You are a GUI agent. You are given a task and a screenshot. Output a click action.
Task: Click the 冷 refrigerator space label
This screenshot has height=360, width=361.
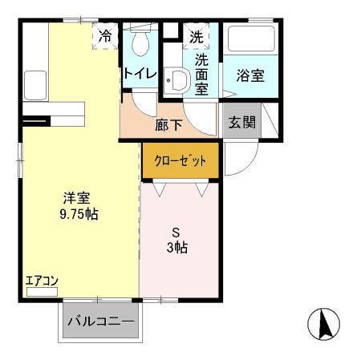(x=106, y=35)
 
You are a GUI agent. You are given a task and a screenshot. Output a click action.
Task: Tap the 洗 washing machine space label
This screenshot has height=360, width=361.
(x=197, y=35)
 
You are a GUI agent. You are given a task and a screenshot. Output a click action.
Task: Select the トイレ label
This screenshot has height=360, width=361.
(x=140, y=73)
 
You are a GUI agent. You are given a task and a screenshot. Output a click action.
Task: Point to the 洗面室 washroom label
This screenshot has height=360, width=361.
(x=201, y=74)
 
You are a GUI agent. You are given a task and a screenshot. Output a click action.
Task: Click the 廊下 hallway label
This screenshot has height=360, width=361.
(x=168, y=124)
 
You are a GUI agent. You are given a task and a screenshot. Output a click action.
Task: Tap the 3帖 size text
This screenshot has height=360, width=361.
(x=177, y=248)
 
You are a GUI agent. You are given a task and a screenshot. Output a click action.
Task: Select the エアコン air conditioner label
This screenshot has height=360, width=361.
(x=42, y=281)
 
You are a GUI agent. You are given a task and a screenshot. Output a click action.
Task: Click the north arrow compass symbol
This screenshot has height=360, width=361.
(x=324, y=325)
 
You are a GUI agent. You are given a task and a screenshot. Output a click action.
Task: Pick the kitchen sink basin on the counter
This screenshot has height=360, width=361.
(x=35, y=83)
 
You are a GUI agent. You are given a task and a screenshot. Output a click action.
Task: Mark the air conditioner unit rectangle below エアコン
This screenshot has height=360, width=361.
(x=42, y=292)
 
